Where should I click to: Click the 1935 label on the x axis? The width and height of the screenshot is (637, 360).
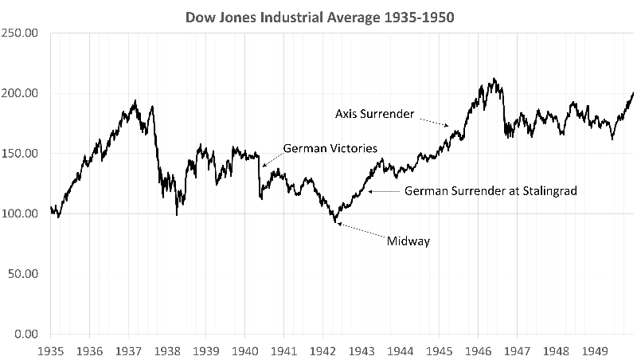51,350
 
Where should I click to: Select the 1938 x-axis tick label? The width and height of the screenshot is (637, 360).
167,350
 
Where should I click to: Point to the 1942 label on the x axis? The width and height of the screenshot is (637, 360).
322,350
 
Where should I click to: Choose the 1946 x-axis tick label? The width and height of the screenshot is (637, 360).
478,350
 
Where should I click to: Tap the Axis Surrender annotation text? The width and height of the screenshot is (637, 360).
374,114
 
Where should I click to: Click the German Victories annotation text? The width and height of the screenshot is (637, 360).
330,148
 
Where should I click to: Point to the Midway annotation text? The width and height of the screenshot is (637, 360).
408,241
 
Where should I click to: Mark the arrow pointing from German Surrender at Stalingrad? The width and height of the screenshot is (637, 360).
385,191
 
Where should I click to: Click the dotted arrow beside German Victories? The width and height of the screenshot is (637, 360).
271,157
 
